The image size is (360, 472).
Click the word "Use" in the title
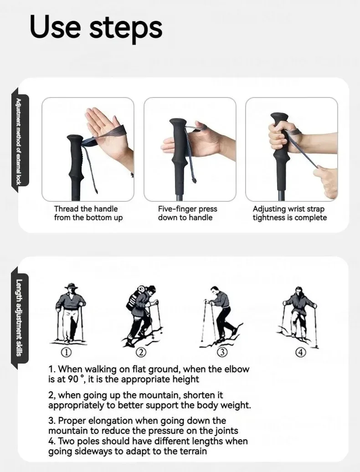click(x=55, y=27)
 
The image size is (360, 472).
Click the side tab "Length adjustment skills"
click(x=19, y=318)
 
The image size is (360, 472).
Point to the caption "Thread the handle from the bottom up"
click(x=88, y=213)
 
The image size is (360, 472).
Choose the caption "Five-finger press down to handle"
click(x=188, y=213)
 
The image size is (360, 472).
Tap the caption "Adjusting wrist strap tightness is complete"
click(x=289, y=213)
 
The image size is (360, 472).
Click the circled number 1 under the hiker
click(x=66, y=352)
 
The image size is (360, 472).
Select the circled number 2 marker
click(x=141, y=352)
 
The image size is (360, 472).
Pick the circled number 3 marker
click(x=222, y=352)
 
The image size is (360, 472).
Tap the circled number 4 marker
click(x=301, y=352)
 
